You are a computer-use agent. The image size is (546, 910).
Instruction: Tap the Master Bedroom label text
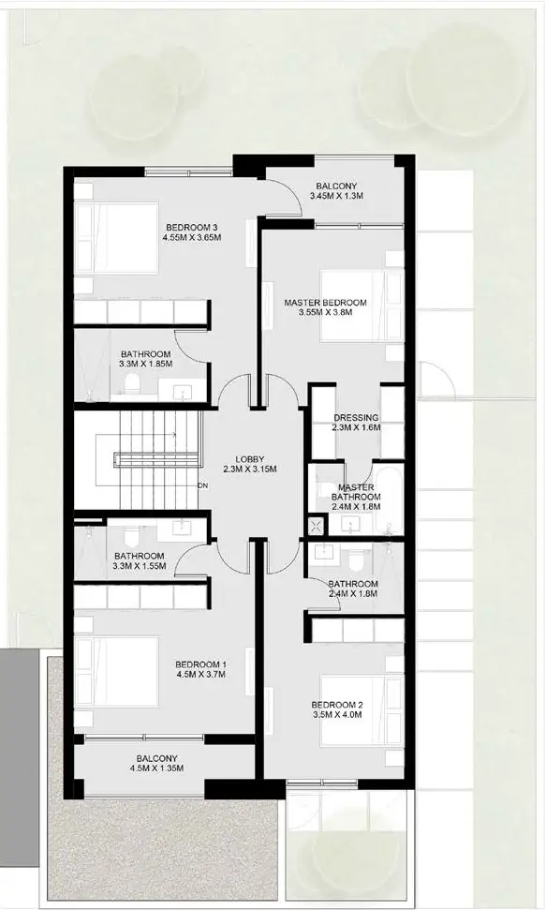[325, 303]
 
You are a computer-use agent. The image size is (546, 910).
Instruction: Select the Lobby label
[249, 458]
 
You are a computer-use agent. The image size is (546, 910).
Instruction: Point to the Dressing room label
[356, 418]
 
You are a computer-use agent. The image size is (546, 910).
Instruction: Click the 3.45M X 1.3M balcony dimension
[336, 196]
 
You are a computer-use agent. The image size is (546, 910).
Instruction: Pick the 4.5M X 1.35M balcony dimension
[156, 768]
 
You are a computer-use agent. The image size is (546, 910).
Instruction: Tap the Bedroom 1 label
[200, 664]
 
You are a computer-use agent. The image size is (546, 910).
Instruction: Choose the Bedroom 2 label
[336, 705]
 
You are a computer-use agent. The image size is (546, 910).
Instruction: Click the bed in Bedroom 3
[117, 237]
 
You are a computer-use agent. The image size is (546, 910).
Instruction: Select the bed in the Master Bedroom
[362, 306]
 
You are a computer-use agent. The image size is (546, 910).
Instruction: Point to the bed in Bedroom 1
[117, 672]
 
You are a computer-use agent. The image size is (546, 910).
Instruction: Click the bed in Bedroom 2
[362, 710]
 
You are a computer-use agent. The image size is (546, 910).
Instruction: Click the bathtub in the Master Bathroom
[388, 500]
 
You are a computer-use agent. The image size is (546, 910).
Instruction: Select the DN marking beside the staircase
[202, 485]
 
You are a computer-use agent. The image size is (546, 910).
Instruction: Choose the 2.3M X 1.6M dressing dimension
[357, 427]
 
